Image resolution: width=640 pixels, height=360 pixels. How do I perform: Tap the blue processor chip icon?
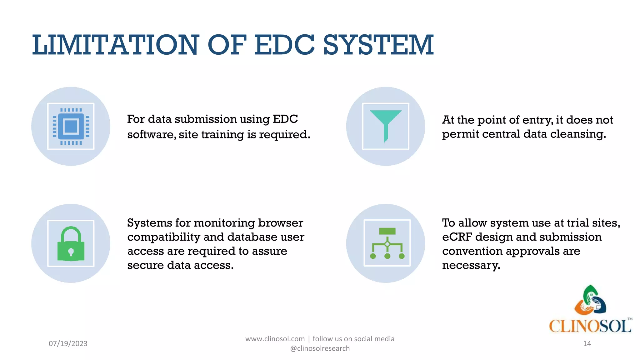71,127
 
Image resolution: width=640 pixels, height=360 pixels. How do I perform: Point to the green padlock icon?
71,244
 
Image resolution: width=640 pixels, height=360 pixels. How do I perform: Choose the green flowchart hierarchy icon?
387,243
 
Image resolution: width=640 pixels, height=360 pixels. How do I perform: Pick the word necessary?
471,265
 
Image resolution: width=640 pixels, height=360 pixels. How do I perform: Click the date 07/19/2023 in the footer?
68,343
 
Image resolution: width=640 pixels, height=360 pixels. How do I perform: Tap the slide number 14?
587,343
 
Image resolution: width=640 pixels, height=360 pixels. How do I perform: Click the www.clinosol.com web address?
275,339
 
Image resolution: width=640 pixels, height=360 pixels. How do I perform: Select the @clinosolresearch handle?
320,348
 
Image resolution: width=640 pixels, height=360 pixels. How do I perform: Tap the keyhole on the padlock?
71,252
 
